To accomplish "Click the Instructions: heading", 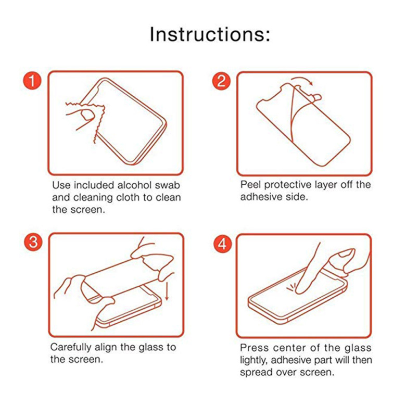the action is point(210,34).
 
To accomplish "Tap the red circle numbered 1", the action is point(32,81).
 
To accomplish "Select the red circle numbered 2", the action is point(221,81).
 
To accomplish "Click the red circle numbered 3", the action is point(33,242).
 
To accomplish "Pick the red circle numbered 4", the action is point(222,244).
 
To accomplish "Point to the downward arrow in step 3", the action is point(167,291).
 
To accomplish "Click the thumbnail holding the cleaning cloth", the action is point(87,115).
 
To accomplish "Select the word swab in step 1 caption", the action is point(168,185).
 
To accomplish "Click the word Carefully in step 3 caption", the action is point(71,348).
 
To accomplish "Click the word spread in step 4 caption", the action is point(256,373).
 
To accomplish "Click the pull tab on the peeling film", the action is point(316,97).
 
